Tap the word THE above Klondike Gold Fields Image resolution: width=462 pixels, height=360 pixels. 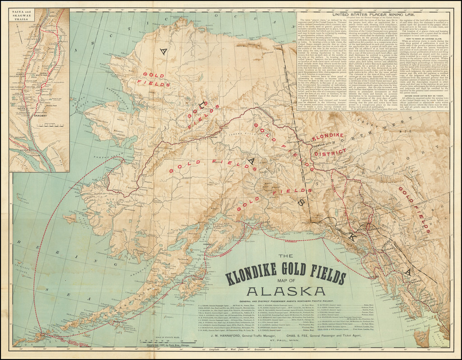tap(285, 256)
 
